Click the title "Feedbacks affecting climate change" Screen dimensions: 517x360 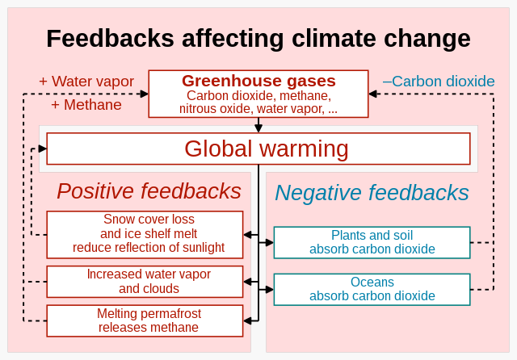click(x=258, y=39)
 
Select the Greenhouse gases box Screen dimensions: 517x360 click(x=258, y=94)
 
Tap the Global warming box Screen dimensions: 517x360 click(x=258, y=149)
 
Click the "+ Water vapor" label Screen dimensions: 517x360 click(x=87, y=82)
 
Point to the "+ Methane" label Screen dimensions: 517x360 click(x=86, y=105)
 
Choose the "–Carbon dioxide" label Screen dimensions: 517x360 click(x=439, y=82)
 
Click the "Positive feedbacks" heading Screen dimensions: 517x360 click(x=149, y=191)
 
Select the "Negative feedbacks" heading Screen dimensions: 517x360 click(x=372, y=193)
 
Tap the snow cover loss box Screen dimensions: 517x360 click(x=145, y=234)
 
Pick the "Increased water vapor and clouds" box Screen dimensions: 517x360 click(x=145, y=281)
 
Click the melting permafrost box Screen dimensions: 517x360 click(x=145, y=320)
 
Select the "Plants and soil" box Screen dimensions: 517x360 click(x=372, y=242)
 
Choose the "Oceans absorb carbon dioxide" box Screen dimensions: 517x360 click(x=372, y=289)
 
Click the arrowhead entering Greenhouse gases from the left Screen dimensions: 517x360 click(x=144, y=94)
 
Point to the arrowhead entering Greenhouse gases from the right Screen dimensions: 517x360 click(x=373, y=94)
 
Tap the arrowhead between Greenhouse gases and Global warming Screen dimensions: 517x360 click(x=258, y=128)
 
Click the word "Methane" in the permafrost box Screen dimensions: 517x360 click(x=173, y=327)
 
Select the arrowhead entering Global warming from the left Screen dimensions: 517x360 click(x=42, y=149)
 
